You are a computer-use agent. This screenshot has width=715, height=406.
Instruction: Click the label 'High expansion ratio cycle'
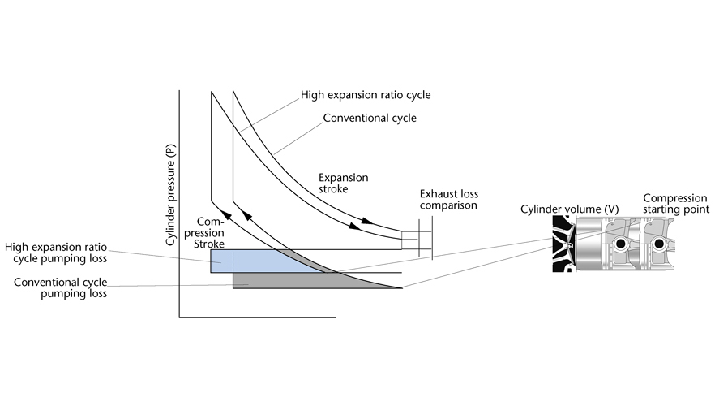(x=365, y=95)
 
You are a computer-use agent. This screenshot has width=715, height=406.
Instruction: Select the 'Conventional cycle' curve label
(x=370, y=118)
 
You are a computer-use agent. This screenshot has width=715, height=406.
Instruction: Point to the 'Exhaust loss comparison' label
(x=448, y=200)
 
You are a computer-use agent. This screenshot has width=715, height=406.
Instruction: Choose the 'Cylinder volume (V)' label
(x=570, y=209)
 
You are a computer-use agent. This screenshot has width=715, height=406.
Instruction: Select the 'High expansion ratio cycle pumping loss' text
(x=56, y=253)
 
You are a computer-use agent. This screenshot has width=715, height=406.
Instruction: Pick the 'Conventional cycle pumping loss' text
(x=62, y=287)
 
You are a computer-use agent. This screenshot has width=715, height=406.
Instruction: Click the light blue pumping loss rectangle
(x=243, y=261)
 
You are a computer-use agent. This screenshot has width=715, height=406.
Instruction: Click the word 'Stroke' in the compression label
(x=210, y=243)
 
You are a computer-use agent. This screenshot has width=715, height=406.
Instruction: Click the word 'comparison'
(x=448, y=205)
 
